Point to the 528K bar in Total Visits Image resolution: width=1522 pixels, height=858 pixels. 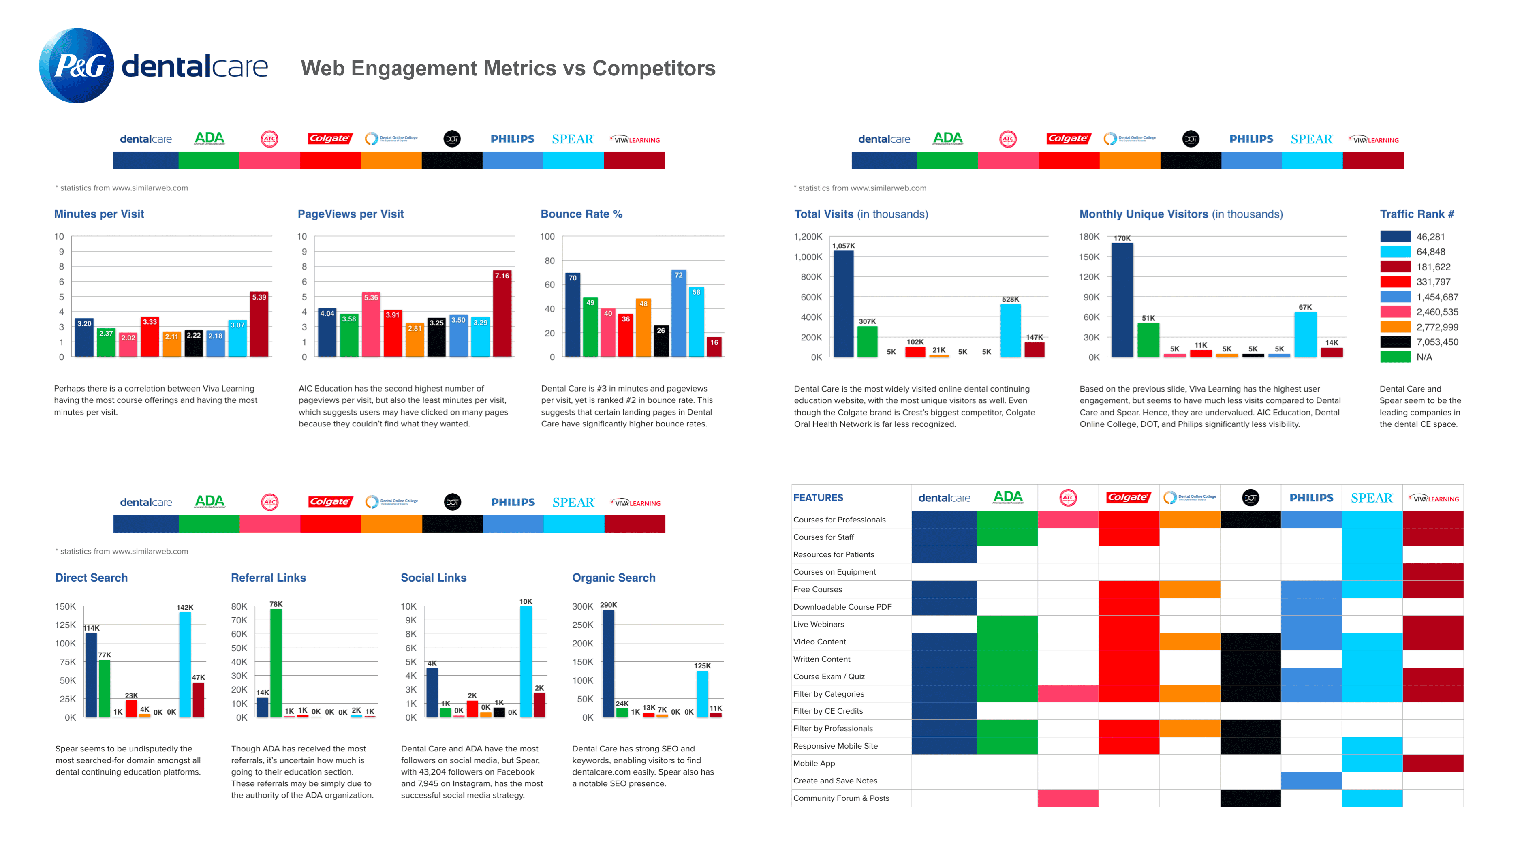[x=1010, y=330]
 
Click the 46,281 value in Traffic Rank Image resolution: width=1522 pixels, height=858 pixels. [x=1430, y=237]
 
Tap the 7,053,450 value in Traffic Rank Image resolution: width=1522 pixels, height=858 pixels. [x=1437, y=342]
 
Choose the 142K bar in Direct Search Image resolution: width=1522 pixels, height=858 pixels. [x=185, y=664]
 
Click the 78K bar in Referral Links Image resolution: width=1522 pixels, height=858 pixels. [x=276, y=662]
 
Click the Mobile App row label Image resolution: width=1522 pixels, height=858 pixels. [x=814, y=764]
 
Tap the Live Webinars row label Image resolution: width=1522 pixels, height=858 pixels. [x=818, y=625]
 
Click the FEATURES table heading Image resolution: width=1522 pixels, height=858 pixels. [x=818, y=498]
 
